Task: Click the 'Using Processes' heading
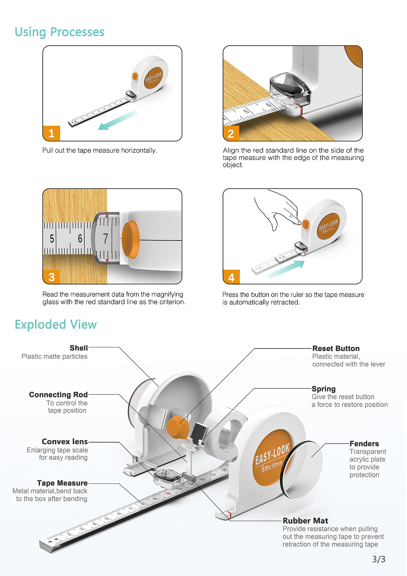[60, 32]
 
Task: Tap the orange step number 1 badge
[51, 134]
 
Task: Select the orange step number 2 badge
[231, 134]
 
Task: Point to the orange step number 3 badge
[51, 277]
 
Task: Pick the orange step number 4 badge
[231, 277]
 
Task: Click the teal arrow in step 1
[118, 120]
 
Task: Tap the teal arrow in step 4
[286, 269]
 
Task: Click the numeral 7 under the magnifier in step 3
[106, 239]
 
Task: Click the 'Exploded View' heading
[56, 324]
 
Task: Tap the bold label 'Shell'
[79, 348]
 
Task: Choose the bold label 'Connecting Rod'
[58, 395]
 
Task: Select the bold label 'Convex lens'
[65, 442]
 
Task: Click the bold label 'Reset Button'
[336, 349]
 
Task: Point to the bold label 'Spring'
[324, 389]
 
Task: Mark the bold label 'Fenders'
[364, 444]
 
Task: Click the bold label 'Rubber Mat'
[306, 521]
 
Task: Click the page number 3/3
[379, 559]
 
